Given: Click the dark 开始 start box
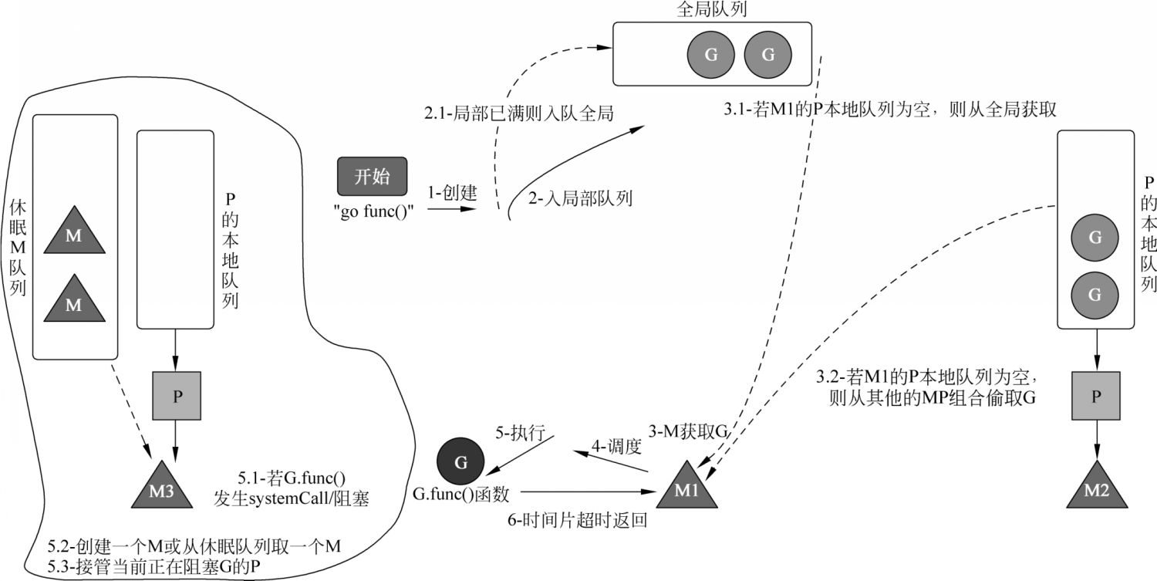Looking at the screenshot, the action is (x=372, y=176).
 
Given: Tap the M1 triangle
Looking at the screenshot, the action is (x=686, y=487).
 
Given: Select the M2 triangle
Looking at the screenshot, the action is (x=1096, y=487).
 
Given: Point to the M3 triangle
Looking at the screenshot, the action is (x=162, y=487).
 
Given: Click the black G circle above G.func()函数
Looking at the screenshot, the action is (x=460, y=461).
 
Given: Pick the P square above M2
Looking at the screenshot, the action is (x=1096, y=395).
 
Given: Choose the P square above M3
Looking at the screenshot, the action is (x=177, y=395).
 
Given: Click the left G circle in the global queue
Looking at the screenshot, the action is (x=710, y=54).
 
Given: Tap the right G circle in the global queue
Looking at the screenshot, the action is (x=768, y=54).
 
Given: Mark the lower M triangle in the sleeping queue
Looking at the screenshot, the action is (x=74, y=301).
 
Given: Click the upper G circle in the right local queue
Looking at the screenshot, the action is (x=1095, y=237).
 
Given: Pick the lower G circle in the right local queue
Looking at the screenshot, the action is (x=1095, y=295).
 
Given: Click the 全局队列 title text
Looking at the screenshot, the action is (x=712, y=9).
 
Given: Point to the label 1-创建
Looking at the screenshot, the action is (x=452, y=193).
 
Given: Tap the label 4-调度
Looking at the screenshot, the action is (x=616, y=445).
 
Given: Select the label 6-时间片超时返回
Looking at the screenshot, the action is (x=578, y=519).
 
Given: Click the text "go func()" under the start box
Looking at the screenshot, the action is (x=373, y=211).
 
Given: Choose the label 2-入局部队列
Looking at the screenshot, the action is (x=580, y=198).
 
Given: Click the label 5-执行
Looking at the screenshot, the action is (x=520, y=433).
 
